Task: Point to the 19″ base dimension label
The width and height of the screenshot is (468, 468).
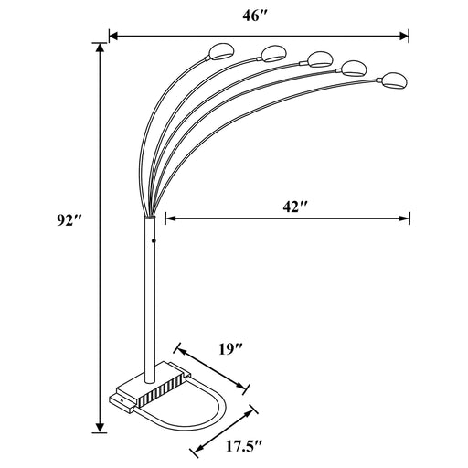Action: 230,348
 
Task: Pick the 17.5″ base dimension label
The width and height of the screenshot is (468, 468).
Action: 239,449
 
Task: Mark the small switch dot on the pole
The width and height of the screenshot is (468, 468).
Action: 153,241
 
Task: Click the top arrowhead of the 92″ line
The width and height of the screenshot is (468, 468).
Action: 99,48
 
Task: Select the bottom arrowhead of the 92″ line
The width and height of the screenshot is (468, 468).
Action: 99,428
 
